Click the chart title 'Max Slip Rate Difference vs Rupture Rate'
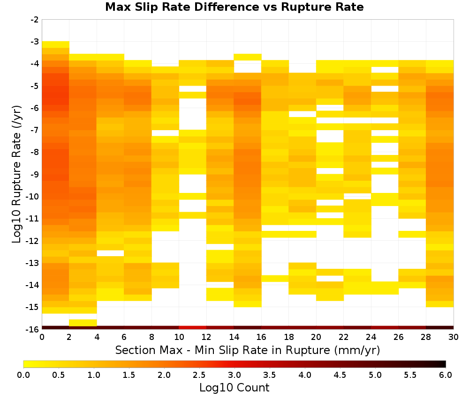pos(234,7)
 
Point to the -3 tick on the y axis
pos(35,42)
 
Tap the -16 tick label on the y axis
pos(33,329)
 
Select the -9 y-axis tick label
pos(35,174)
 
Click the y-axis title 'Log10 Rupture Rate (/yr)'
pos(16,174)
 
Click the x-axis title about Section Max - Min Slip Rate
pos(248,350)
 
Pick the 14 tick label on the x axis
pos(234,337)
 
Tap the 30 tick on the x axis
pos(454,337)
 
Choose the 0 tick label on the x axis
pos(42,337)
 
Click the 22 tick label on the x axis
pos(344,337)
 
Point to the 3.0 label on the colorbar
pos(234,375)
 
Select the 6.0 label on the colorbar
pos(446,375)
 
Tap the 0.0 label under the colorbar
pos(23,375)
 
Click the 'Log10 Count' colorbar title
pos(234,388)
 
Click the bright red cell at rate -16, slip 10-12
pos(193,328)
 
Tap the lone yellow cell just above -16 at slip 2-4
pos(83,323)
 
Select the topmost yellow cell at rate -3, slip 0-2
pos(56,44)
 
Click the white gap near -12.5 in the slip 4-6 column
pos(110,253)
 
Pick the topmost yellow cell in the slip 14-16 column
pos(248,57)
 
